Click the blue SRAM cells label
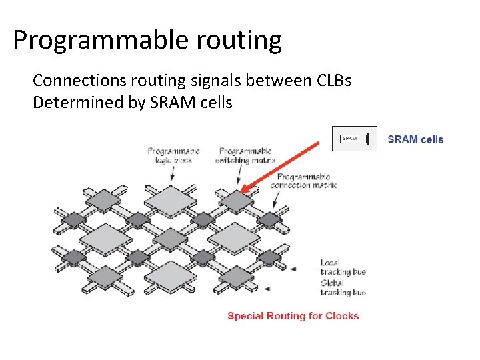coord(415,139)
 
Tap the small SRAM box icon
coord(350,138)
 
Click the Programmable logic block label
coord(173,155)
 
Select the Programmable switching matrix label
coord(245,155)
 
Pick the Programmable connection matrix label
coord(303,181)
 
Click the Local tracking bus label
coord(343,267)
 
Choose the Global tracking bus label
coord(343,287)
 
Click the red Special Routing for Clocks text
coord(293,316)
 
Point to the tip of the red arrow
coord(241,193)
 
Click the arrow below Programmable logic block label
coord(173,173)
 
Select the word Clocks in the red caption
coord(341,316)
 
